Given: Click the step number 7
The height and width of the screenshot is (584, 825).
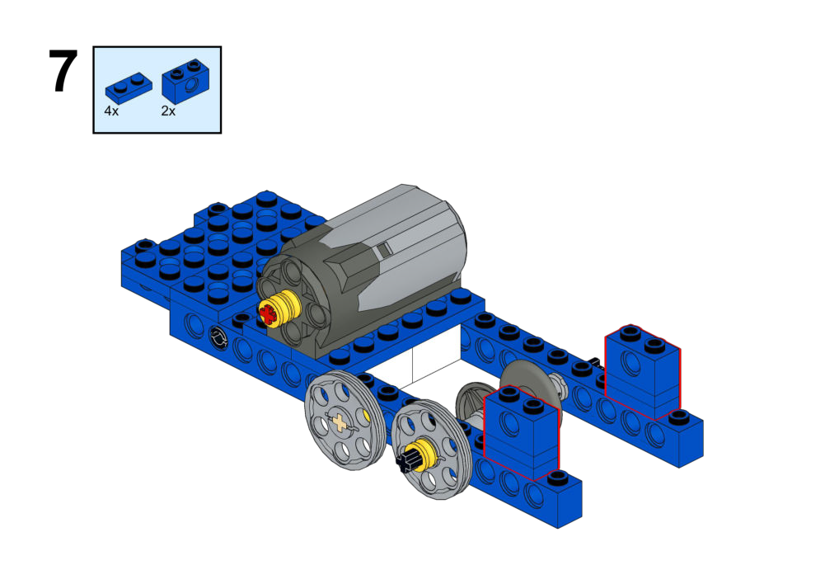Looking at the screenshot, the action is (x=63, y=71).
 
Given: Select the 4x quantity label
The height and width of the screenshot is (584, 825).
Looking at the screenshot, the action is (x=111, y=111).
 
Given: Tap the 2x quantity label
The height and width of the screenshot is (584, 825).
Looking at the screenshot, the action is (x=168, y=111).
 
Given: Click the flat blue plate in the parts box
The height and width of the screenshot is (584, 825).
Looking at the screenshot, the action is (x=129, y=87).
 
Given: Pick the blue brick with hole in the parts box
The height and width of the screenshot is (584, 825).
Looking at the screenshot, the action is (x=185, y=81).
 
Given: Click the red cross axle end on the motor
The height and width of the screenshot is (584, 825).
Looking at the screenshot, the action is (x=267, y=314).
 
